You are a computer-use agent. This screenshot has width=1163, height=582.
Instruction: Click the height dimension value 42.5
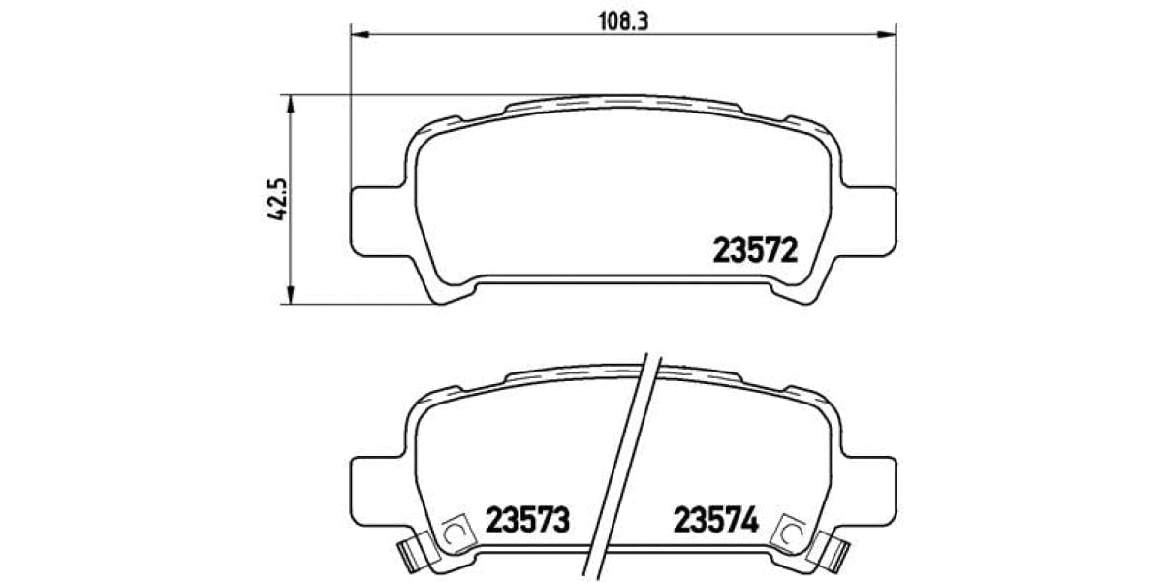click(278, 200)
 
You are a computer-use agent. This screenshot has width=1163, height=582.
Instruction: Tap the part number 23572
click(755, 251)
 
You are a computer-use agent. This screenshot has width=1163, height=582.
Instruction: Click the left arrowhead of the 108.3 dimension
click(358, 36)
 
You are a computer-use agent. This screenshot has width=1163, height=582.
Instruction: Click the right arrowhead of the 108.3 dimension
click(886, 36)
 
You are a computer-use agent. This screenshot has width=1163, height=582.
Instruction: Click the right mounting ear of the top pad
click(872, 220)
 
